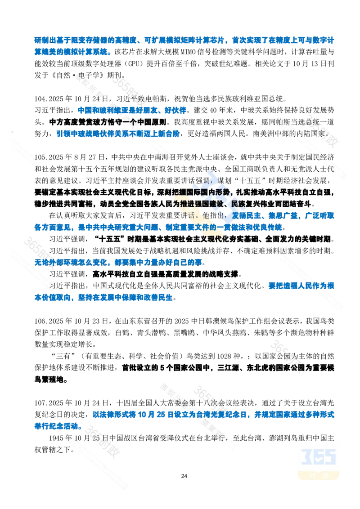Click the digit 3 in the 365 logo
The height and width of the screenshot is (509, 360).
pos(306,457)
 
